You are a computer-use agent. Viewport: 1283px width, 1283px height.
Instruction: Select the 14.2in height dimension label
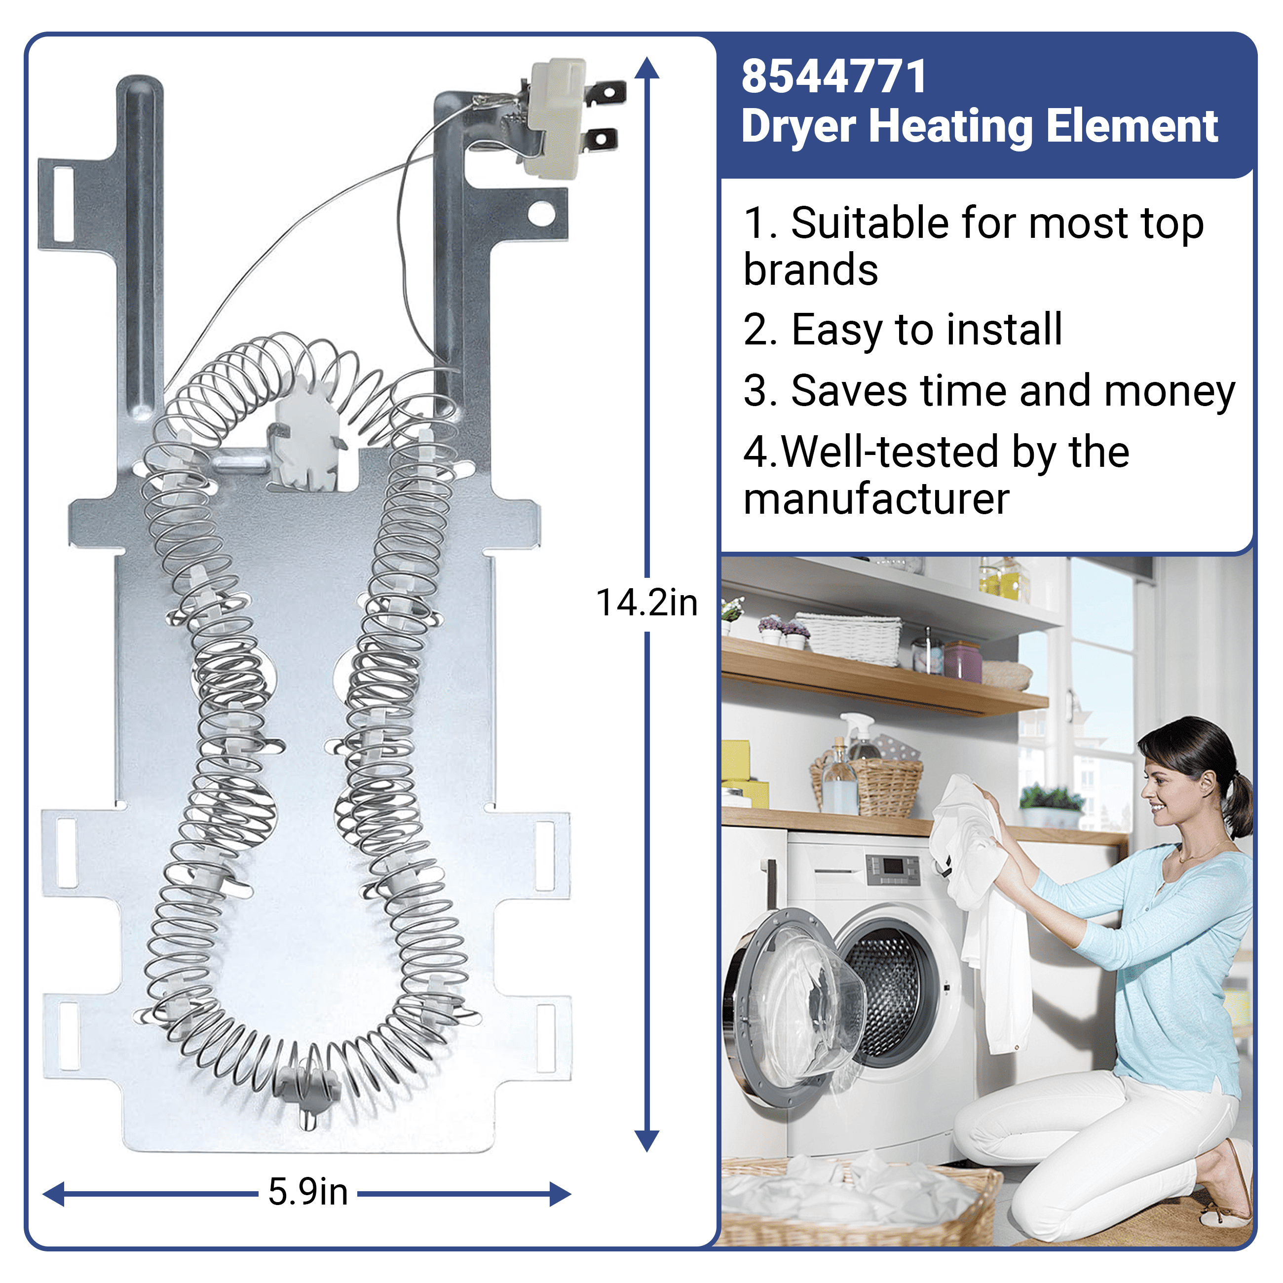pyautogui.click(x=647, y=603)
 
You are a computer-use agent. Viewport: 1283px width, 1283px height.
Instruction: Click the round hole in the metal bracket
pyautogui.click(x=541, y=214)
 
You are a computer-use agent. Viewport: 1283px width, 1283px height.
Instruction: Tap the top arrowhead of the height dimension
pyautogui.click(x=647, y=68)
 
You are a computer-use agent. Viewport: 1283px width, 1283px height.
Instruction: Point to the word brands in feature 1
pyautogui.click(x=810, y=269)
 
